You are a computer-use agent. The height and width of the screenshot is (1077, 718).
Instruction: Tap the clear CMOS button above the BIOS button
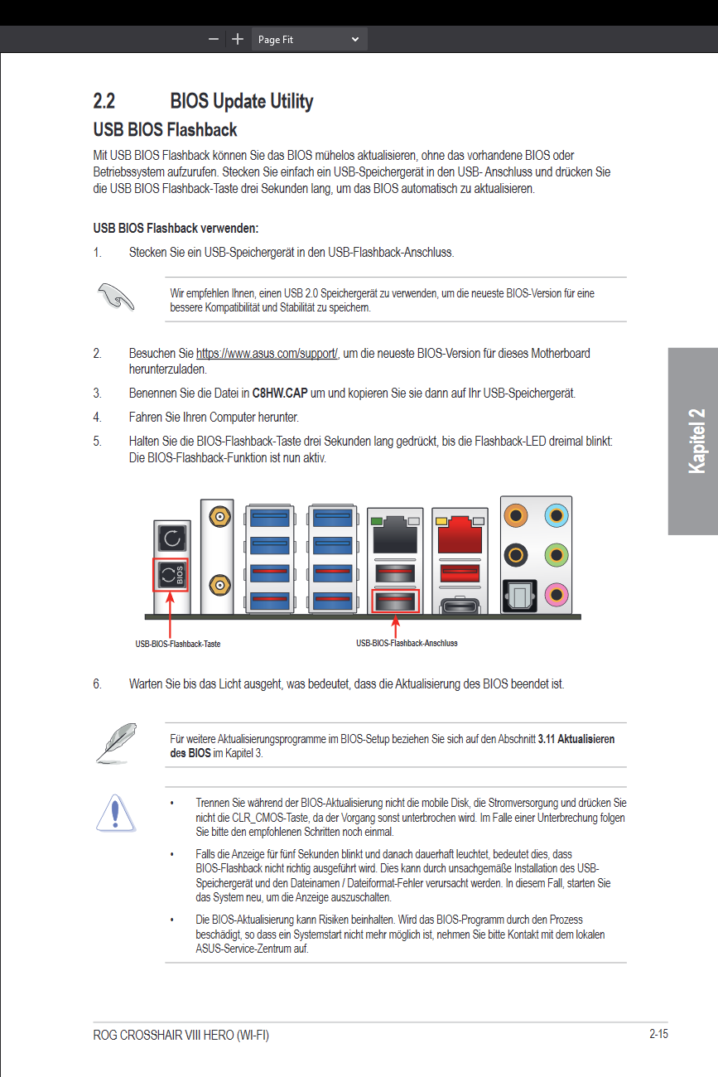[171, 538]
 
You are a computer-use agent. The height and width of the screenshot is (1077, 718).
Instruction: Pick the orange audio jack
[518, 516]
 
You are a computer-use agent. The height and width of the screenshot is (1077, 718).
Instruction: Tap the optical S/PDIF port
[518, 594]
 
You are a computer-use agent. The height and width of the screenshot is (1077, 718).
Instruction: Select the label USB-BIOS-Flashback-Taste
[178, 644]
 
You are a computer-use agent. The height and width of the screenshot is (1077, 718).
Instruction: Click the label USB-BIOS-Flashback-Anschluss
[407, 643]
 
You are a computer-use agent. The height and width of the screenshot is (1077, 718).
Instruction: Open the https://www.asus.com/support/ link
[267, 354]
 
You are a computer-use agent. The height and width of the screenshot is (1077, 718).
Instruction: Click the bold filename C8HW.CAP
[280, 393]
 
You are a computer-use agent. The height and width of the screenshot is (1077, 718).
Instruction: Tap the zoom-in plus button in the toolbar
[238, 39]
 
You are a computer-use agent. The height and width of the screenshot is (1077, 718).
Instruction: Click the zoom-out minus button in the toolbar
[214, 39]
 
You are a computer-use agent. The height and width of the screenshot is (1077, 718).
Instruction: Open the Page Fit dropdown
[309, 39]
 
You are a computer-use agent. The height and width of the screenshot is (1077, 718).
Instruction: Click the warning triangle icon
[117, 811]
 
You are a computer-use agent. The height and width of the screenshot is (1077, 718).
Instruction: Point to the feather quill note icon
[115, 742]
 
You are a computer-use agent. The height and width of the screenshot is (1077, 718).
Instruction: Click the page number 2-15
[658, 1034]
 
